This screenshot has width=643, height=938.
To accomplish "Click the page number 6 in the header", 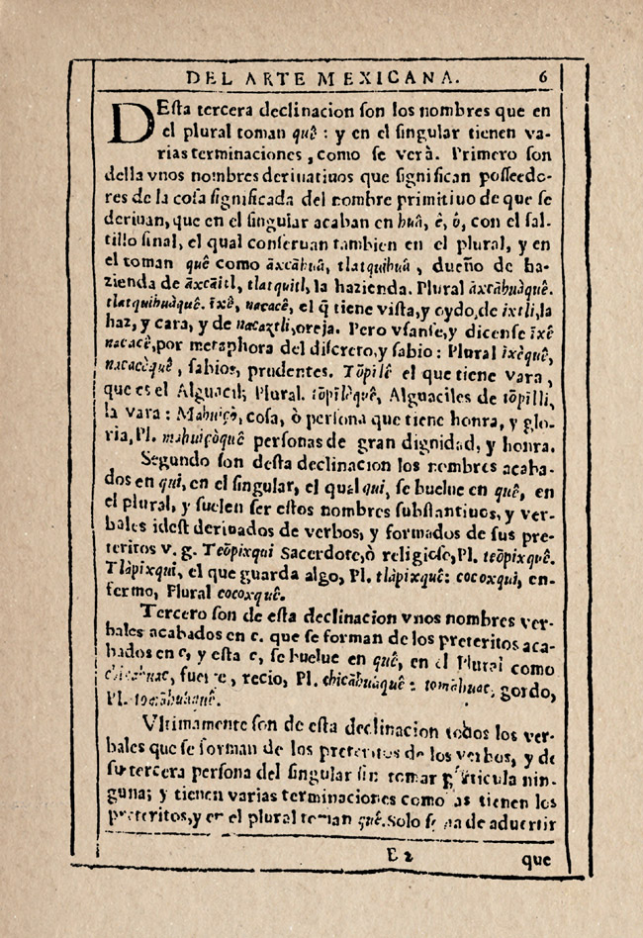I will (543, 74).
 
